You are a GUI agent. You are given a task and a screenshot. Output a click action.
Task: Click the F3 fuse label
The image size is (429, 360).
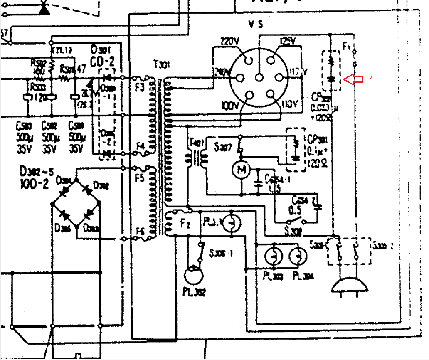tap(140, 87)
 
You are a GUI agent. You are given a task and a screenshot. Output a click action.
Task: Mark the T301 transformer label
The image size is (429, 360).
tap(160, 65)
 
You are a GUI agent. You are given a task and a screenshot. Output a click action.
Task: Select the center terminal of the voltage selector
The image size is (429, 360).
tap(260, 77)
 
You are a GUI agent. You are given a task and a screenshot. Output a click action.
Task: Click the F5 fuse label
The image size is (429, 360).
tap(140, 177)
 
